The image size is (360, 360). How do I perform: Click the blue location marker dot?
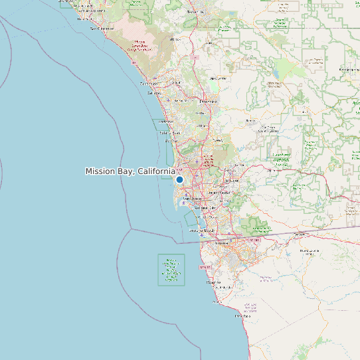pos(179,179)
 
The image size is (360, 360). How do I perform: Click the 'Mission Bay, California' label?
pos(130,171)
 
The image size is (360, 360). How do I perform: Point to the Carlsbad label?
pos(154,94)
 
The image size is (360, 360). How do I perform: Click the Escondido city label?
pos(208,101)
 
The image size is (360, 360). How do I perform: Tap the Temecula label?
pos(195,12)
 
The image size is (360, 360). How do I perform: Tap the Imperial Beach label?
pos(202,230)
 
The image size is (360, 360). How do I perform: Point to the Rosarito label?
pos(205,267)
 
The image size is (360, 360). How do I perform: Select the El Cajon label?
pos(232,180)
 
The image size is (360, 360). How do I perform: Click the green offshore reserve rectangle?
pos(171,270)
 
